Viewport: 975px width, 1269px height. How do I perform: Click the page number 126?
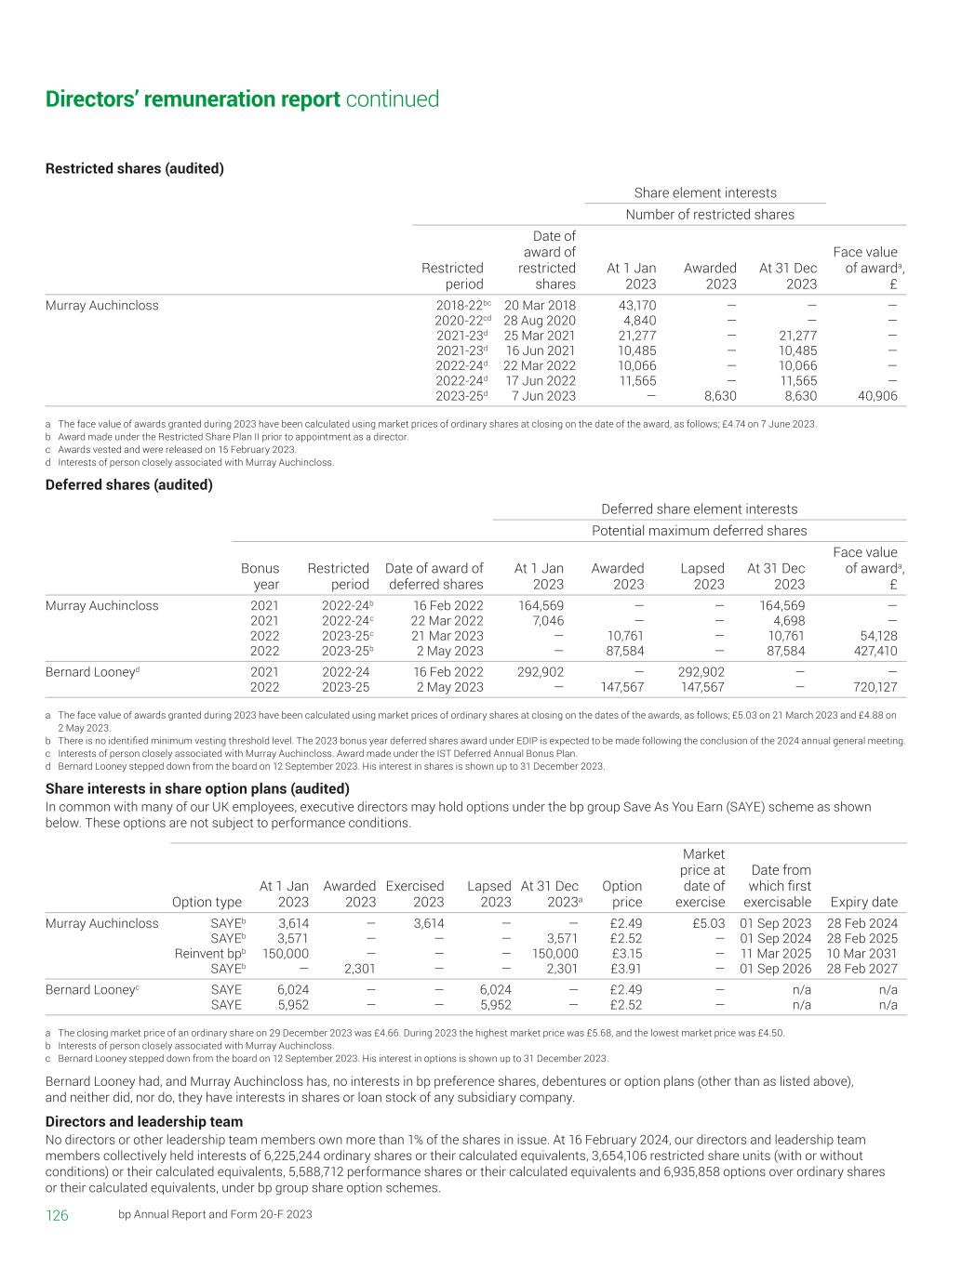pyautogui.click(x=57, y=1216)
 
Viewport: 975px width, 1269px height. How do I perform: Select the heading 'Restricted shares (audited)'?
pyautogui.click(x=134, y=168)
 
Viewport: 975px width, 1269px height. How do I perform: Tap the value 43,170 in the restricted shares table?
pyautogui.click(x=637, y=306)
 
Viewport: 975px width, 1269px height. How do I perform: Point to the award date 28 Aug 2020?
pyautogui.click(x=540, y=321)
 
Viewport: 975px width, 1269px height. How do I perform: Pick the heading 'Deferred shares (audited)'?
pyautogui.click(x=128, y=484)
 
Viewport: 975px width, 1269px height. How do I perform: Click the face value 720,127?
pyautogui.click(x=875, y=688)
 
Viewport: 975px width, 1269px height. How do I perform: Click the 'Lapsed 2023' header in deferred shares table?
pyautogui.click(x=702, y=576)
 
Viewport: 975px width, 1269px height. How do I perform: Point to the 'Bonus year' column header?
pyautogui.click(x=260, y=576)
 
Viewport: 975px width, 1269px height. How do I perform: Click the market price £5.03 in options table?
pyautogui.click(x=706, y=924)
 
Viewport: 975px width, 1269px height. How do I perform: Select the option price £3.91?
pyautogui.click(x=622, y=969)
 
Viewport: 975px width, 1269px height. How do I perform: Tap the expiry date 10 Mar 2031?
pyautogui.click(x=862, y=954)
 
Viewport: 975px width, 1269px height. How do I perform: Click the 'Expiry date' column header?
pyautogui.click(x=863, y=902)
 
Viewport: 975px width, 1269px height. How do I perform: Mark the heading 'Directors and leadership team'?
pyautogui.click(x=144, y=1122)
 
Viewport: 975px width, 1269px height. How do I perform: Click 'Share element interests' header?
pyautogui.click(x=705, y=193)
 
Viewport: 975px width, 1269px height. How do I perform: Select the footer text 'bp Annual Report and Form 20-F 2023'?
pyautogui.click(x=215, y=1215)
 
